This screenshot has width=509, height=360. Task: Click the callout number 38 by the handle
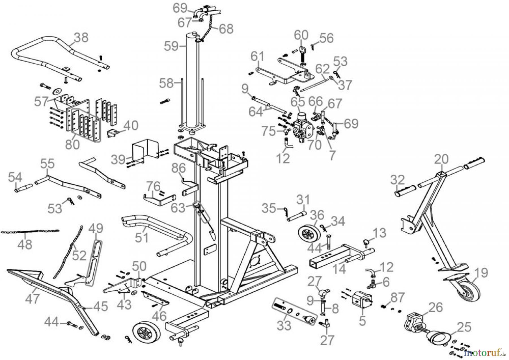81,37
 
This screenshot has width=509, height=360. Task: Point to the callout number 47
32,299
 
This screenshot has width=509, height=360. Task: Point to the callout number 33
284,325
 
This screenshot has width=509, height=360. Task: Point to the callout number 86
178,169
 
